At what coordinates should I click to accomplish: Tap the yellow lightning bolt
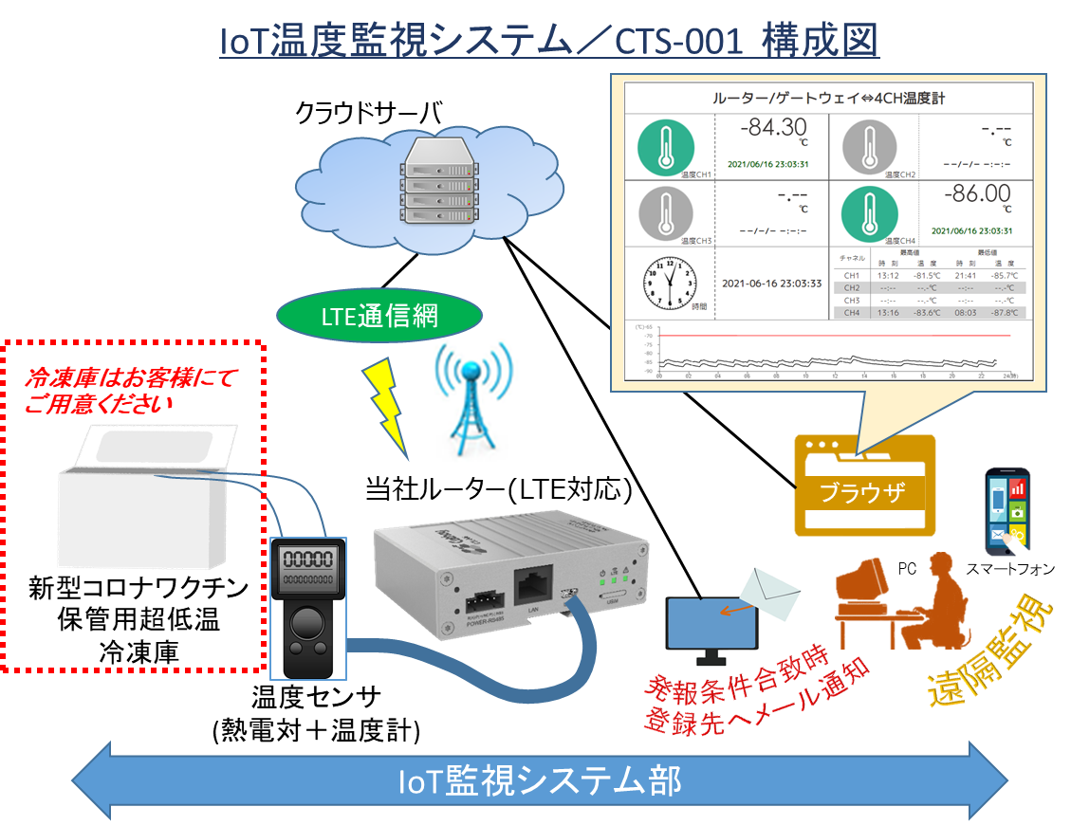389,404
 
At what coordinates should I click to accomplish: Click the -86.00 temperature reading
977,194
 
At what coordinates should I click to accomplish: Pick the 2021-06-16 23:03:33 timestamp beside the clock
771,283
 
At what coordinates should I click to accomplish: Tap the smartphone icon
1006,511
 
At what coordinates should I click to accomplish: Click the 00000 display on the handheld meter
307,559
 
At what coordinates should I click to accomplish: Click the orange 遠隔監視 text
984,653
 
